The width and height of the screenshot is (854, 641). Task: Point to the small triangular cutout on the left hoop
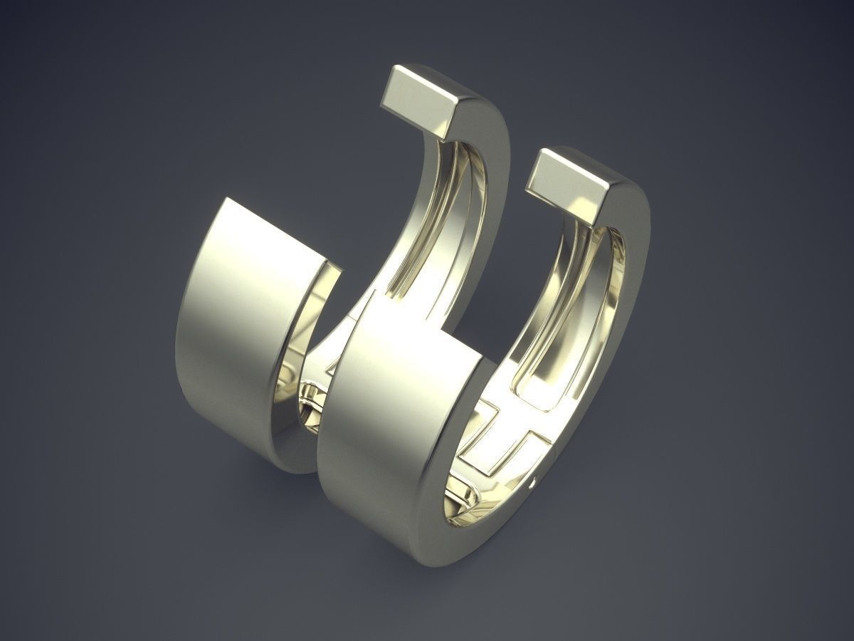tap(331, 370)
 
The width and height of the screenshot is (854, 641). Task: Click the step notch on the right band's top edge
tap(448, 335)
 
